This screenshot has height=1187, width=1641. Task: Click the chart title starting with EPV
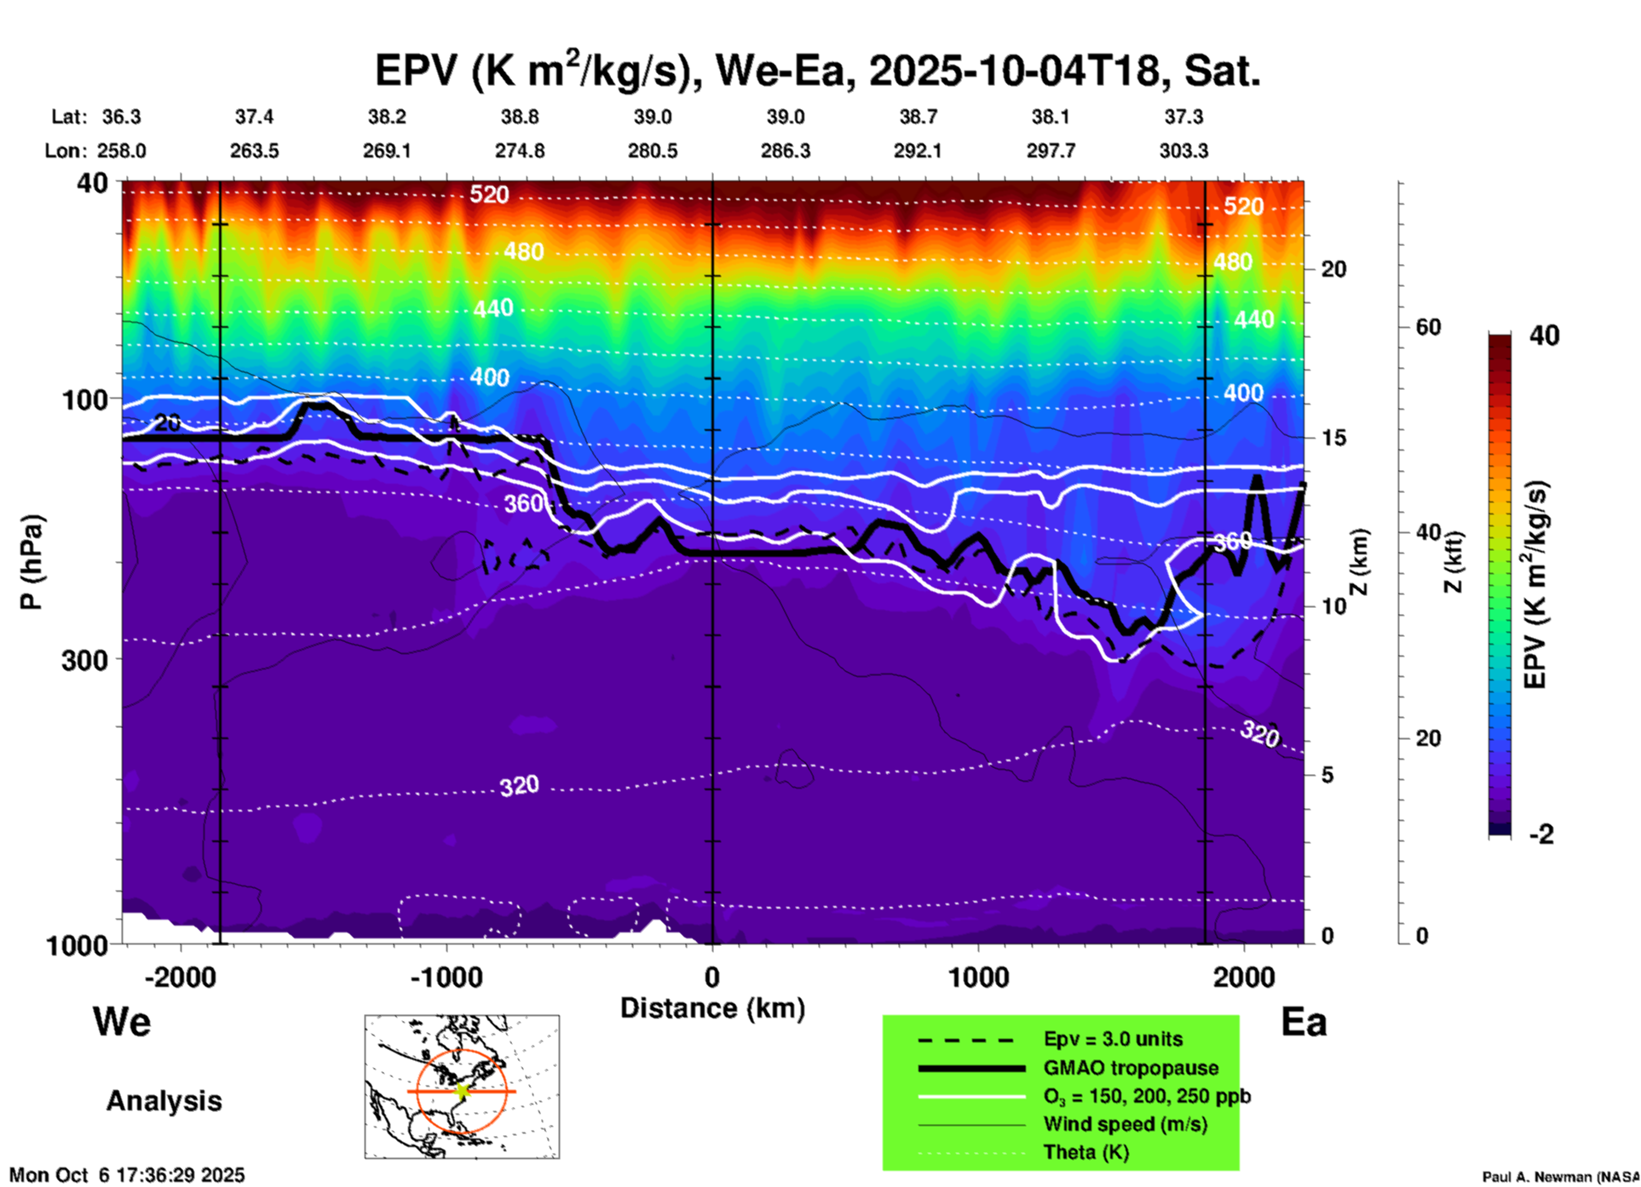click(817, 71)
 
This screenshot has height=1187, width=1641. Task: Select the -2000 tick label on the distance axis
click(180, 977)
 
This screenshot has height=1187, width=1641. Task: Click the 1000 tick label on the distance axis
click(978, 977)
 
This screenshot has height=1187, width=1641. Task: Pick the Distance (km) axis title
click(712, 1008)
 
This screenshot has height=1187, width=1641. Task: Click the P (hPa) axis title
click(32, 562)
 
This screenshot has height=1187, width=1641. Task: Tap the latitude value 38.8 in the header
click(519, 117)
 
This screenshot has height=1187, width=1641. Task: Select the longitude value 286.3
click(785, 151)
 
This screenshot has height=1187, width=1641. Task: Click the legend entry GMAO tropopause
click(1131, 1068)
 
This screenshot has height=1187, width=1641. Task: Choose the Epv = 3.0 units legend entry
click(1113, 1039)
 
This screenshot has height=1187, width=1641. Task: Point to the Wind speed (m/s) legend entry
click(1125, 1124)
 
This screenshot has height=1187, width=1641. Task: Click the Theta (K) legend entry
click(1085, 1152)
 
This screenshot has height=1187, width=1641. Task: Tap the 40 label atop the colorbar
click(1544, 335)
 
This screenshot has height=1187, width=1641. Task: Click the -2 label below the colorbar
click(1541, 834)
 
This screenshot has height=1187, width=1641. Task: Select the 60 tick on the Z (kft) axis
click(1428, 327)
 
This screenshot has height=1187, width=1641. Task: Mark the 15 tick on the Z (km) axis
click(1333, 438)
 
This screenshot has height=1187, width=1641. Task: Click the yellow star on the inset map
click(462, 1091)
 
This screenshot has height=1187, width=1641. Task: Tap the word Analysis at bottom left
click(164, 1101)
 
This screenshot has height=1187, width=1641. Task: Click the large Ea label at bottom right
click(1304, 1023)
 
